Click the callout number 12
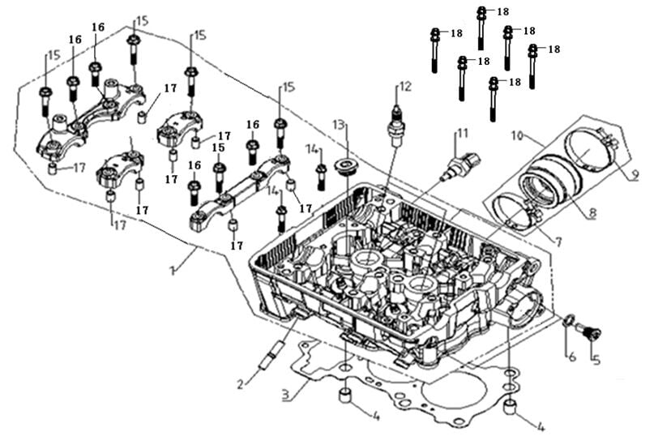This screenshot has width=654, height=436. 405,86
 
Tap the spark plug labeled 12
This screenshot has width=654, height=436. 396,126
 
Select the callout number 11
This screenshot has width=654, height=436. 462,133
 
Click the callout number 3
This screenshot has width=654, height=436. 284,396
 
